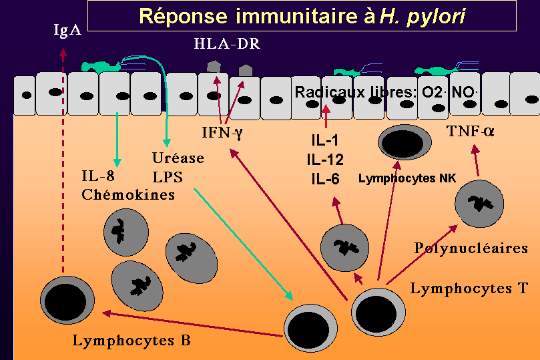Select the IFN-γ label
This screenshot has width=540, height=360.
pyautogui.click(x=223, y=132)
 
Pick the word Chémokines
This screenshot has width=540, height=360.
pyautogui.click(x=128, y=195)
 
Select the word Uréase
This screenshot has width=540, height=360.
pyautogui.click(x=178, y=159)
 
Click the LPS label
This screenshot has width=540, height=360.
pyautogui.click(x=166, y=177)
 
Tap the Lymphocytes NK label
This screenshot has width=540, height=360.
pyautogui.click(x=407, y=179)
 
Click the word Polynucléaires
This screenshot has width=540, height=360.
pyautogui.click(x=471, y=248)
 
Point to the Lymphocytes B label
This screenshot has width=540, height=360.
pyautogui.click(x=131, y=340)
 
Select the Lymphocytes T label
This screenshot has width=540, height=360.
pyautogui.click(x=469, y=289)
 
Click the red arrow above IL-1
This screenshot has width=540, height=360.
pyautogui.click(x=326, y=117)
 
